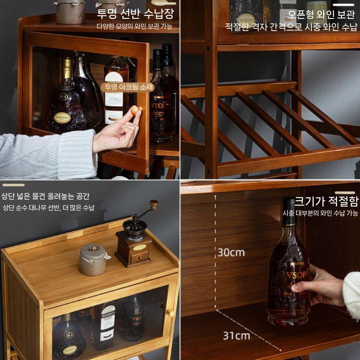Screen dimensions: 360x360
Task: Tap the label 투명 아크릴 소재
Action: click(129, 87)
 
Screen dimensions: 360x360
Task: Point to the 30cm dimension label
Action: click(231, 252)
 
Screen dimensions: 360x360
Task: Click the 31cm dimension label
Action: click(236, 336)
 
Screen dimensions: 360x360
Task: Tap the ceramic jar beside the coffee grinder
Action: click(92, 260)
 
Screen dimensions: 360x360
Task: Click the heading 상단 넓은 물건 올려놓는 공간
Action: click(45, 196)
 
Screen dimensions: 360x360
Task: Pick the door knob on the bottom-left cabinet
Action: click(171, 313)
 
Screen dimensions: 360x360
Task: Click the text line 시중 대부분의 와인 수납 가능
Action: click(320, 213)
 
